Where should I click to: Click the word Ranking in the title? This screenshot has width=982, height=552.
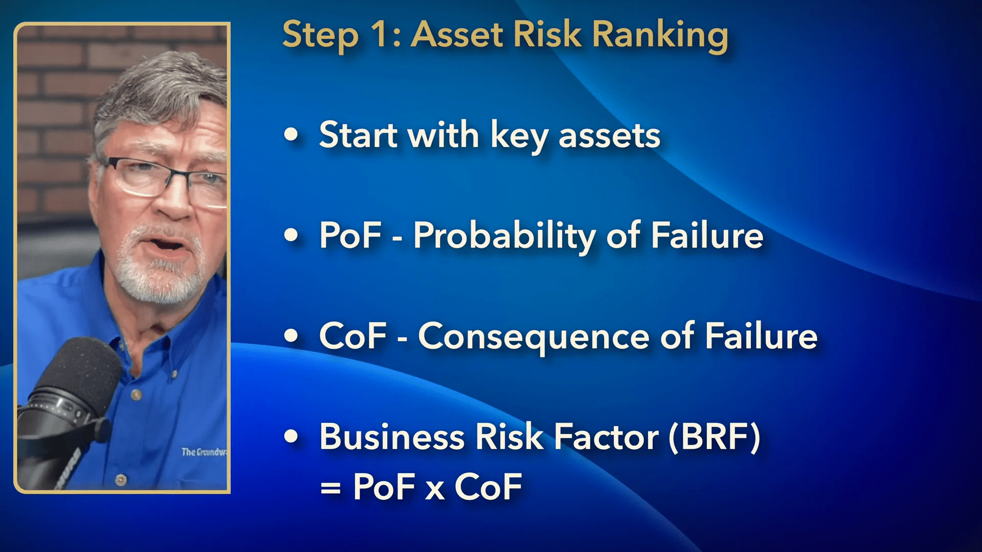pyautogui.click(x=660, y=36)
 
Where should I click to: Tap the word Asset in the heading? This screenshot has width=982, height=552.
pyautogui.click(x=457, y=34)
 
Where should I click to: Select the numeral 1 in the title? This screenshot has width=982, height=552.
pyautogui.click(x=380, y=34)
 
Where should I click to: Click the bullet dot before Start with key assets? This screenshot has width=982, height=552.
pyautogui.click(x=291, y=134)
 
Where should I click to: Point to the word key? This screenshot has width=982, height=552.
pyautogui.click(x=519, y=136)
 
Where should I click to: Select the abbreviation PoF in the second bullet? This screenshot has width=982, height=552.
pyautogui.click(x=350, y=235)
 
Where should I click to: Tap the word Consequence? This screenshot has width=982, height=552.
pyautogui.click(x=534, y=337)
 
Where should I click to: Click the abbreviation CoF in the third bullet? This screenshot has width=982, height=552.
pyautogui.click(x=353, y=336)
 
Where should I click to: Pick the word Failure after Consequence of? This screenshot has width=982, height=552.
pyautogui.click(x=761, y=336)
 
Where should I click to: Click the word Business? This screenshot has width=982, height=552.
pyautogui.click(x=392, y=437)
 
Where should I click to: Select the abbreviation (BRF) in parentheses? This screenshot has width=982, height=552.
pyautogui.click(x=715, y=438)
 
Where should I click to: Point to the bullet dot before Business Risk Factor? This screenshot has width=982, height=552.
pyautogui.click(x=291, y=436)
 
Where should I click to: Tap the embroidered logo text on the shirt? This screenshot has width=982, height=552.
pyautogui.click(x=204, y=452)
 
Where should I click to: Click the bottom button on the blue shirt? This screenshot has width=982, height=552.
pyautogui.click(x=121, y=480)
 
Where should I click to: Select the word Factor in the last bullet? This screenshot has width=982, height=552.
pyautogui.click(x=607, y=437)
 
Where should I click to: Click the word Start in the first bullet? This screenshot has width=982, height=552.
pyautogui.click(x=359, y=135)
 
